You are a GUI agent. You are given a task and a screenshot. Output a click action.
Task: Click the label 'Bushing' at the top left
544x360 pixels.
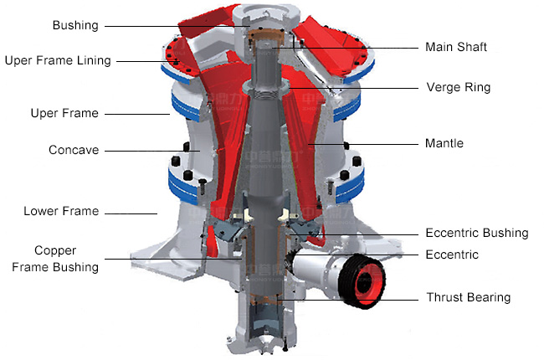(x=75, y=25)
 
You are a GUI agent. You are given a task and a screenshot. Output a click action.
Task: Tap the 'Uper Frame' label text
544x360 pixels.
(x=64, y=113)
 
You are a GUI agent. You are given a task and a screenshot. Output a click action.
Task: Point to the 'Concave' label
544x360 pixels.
(x=74, y=150)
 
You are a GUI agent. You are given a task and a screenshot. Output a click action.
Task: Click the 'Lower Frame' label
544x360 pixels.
(x=61, y=211)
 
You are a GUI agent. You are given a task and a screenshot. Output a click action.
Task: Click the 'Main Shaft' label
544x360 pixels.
(x=456, y=46)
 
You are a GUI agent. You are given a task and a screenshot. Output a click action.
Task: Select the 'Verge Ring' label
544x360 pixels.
(x=459, y=87)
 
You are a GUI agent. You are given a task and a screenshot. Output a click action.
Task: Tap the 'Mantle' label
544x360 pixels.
(x=444, y=143)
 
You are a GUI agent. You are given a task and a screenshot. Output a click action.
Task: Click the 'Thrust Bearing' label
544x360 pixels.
(x=468, y=297)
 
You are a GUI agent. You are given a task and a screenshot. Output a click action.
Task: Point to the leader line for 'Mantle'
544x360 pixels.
(x=368, y=144)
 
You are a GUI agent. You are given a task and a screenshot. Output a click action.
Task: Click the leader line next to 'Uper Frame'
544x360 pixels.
(x=138, y=114)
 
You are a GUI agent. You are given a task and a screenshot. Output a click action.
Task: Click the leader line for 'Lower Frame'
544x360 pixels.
(x=134, y=212)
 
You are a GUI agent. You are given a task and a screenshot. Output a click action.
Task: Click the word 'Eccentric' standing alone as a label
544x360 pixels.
(x=452, y=254)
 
